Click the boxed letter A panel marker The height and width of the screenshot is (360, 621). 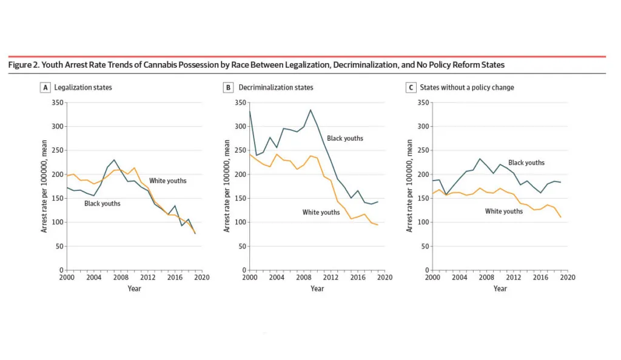[x=45, y=87]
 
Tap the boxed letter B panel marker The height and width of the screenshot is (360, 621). [x=228, y=87]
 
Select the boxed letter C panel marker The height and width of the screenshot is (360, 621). [x=411, y=87]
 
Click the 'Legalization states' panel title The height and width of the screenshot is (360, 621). [x=83, y=87]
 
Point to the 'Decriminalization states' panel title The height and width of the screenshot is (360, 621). [x=276, y=87]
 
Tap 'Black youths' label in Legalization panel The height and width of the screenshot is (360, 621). [x=102, y=204]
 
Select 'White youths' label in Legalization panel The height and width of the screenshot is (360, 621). [x=168, y=181]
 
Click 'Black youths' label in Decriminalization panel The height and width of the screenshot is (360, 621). [x=345, y=138]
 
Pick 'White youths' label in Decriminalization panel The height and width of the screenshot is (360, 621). [x=321, y=212]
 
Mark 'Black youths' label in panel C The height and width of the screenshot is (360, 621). [x=526, y=162]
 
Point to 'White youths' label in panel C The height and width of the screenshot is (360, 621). [x=504, y=211]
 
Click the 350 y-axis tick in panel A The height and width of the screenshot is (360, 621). [x=57, y=103]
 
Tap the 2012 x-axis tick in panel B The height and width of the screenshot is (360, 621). [x=331, y=278]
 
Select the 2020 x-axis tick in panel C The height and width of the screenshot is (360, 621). [x=567, y=278]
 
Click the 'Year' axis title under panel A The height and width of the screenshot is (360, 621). [x=134, y=288]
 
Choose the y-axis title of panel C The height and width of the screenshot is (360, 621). [x=409, y=186]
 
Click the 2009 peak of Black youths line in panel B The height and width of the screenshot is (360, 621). [x=310, y=110]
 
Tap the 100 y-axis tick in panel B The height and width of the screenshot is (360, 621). [x=240, y=222]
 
